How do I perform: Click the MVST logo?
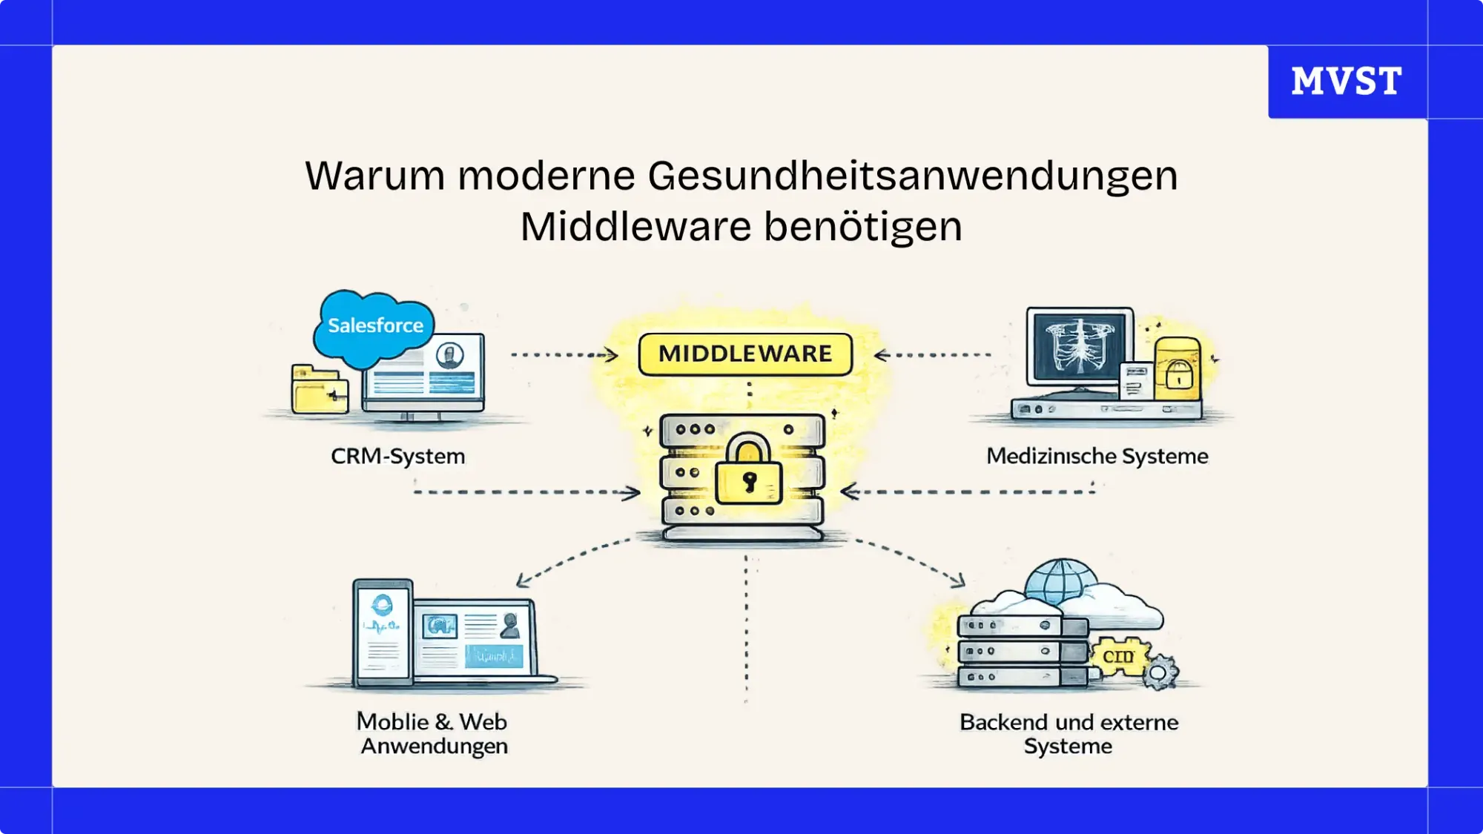pyautogui.click(x=1347, y=81)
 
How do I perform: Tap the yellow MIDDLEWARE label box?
pyautogui.click(x=745, y=354)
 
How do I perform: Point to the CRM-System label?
pyautogui.click(x=398, y=456)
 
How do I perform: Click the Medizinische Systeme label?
pyautogui.click(x=1097, y=456)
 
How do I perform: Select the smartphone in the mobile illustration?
pyautogui.click(x=383, y=632)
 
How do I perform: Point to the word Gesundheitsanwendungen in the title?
pyautogui.click(x=912, y=176)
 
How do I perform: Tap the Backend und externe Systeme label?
pyautogui.click(x=1069, y=733)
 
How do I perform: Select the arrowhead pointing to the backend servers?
pyautogui.click(x=958, y=580)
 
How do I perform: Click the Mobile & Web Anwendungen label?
pyautogui.click(x=433, y=733)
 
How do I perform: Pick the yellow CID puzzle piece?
pyautogui.click(x=1117, y=656)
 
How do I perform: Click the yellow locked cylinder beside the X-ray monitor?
pyautogui.click(x=1178, y=368)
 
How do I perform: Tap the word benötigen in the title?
pyautogui.click(x=863, y=227)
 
